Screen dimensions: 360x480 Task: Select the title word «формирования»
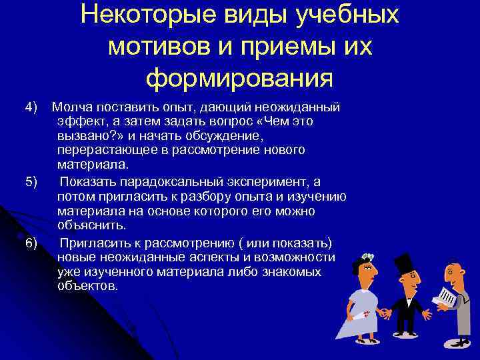(239, 79)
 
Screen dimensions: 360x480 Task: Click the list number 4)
(31, 107)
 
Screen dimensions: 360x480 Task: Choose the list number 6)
(31, 241)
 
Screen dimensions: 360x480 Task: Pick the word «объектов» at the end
(87, 286)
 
